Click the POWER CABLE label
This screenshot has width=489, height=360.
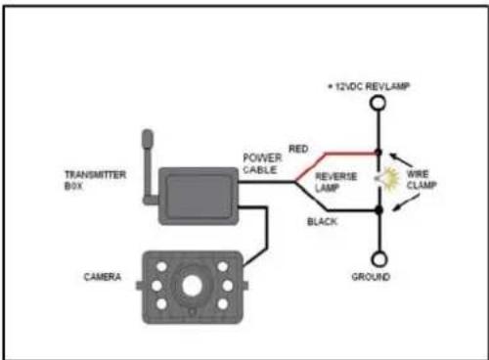tap(263, 161)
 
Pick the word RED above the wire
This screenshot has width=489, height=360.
tap(298, 147)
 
